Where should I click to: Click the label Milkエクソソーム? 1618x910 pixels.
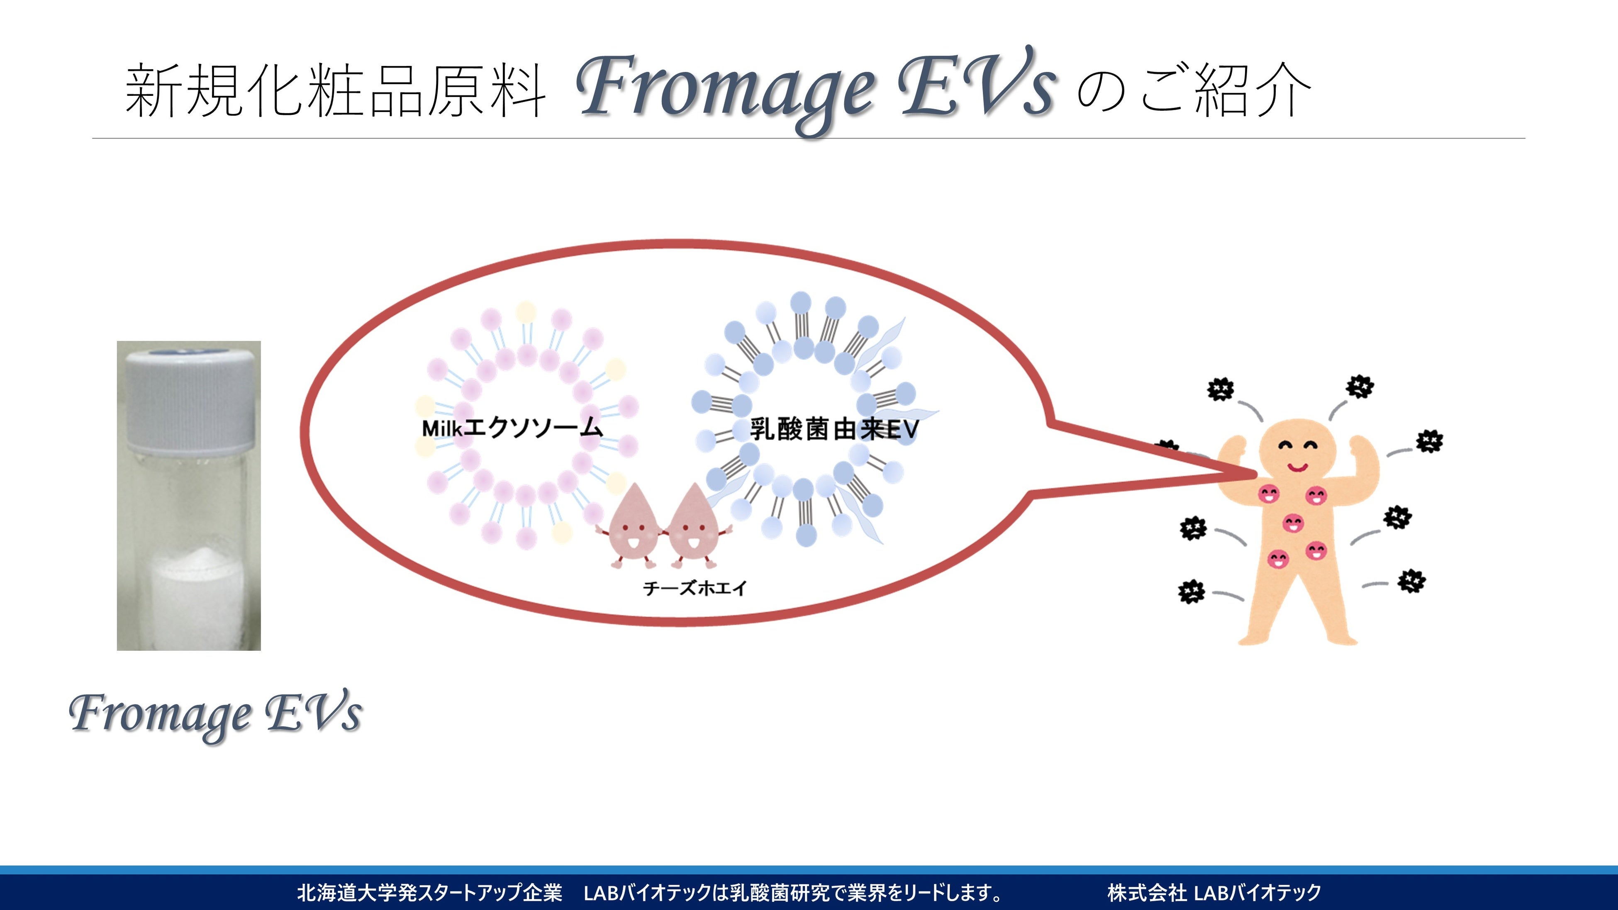[x=512, y=428]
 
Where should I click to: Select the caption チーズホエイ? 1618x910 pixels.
[x=694, y=589]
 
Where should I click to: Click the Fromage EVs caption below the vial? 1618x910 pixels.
[x=215, y=714]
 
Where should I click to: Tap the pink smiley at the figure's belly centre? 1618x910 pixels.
[x=1293, y=523]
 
